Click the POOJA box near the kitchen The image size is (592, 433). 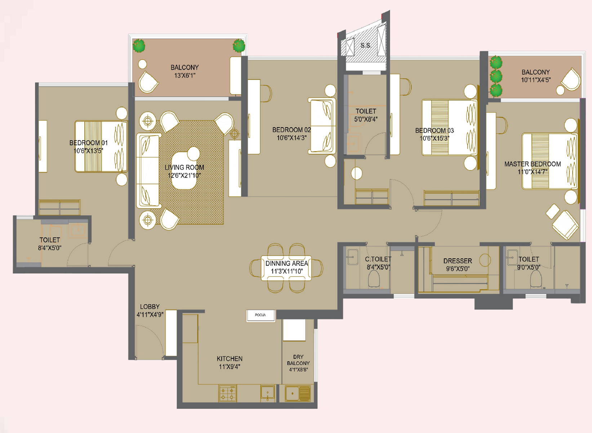[261, 315]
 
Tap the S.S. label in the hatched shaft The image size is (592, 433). [366, 46]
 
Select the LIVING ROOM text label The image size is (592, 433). [184, 167]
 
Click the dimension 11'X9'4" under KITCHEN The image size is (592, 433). [230, 367]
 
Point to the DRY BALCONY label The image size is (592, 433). [298, 360]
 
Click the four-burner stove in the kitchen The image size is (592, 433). [228, 393]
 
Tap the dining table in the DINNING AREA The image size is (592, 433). [286, 268]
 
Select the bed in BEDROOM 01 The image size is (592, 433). [101, 146]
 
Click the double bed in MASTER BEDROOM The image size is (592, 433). [549, 161]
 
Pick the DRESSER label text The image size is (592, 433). [457, 261]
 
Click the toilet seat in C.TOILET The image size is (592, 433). [374, 279]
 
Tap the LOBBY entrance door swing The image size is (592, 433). [149, 341]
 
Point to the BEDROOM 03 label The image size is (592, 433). [434, 131]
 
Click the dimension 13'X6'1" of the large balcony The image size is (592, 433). [184, 75]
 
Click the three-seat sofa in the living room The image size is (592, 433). [148, 171]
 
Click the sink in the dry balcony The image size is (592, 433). [298, 393]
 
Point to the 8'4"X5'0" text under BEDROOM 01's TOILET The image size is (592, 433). [50, 248]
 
